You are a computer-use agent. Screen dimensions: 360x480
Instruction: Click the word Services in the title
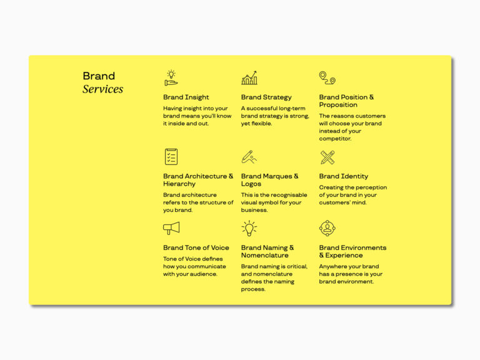tap(102, 89)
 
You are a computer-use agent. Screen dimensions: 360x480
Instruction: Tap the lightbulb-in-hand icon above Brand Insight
tap(171, 77)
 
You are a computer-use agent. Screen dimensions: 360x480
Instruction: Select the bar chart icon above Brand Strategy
tap(249, 78)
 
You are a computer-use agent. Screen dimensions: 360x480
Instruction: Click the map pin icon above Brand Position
tap(327, 77)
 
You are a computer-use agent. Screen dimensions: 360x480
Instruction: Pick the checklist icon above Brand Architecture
tap(171, 157)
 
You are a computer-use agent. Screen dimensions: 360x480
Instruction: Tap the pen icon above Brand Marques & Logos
tap(249, 157)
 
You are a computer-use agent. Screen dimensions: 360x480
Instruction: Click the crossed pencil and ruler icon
tap(327, 157)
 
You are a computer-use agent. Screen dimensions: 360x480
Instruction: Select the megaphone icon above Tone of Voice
tap(171, 228)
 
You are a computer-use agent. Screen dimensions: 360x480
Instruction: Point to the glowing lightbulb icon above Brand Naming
tap(249, 228)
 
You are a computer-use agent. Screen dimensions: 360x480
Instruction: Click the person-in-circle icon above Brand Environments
tap(327, 228)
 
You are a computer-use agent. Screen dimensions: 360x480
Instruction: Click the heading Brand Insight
tap(186, 97)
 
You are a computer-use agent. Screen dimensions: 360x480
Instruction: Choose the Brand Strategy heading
tap(266, 97)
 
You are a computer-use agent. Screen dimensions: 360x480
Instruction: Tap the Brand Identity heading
tap(344, 176)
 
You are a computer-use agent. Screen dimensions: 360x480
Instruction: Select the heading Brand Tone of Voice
tap(196, 247)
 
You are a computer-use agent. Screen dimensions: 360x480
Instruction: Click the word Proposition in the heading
tap(338, 105)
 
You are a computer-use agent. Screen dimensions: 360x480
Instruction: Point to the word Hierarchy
tap(179, 184)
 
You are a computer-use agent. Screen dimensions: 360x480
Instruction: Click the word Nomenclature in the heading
tap(265, 255)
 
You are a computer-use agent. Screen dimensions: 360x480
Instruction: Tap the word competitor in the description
tap(335, 139)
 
